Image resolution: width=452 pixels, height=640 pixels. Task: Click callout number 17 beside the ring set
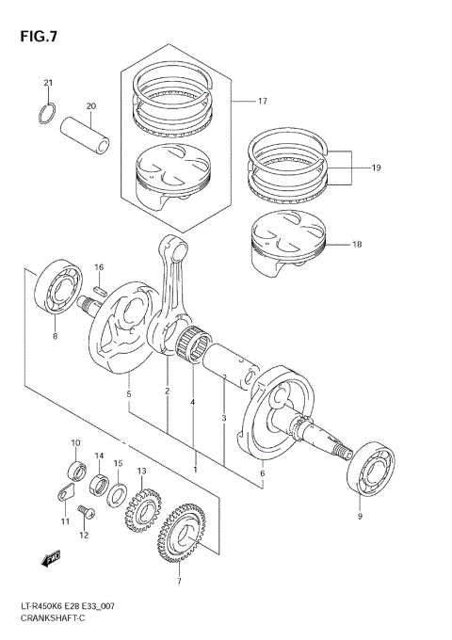tap(263, 100)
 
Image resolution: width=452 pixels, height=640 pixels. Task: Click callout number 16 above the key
tap(98, 267)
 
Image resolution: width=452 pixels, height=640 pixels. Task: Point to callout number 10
tap(75, 442)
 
